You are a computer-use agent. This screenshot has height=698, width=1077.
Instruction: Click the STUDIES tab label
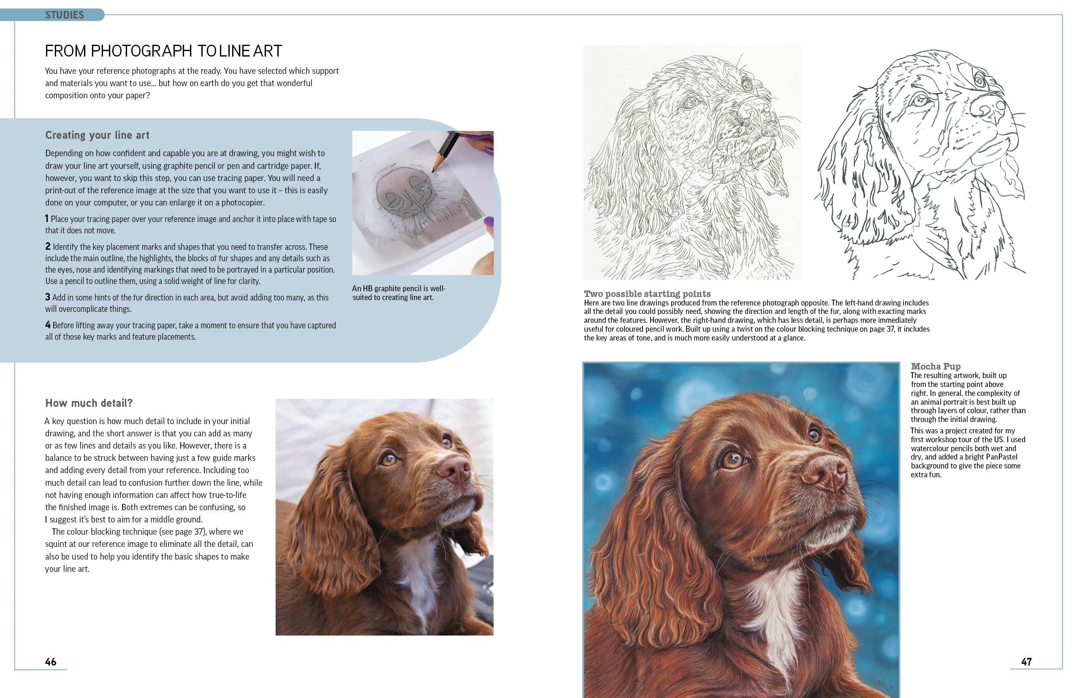coord(64,15)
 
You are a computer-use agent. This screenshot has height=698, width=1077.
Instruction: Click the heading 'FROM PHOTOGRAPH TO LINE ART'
coord(163,51)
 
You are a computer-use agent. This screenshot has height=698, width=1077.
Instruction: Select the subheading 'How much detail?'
coord(89,403)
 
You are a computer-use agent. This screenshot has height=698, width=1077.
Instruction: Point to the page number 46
coord(51,662)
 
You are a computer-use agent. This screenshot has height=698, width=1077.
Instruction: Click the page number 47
coord(1026,662)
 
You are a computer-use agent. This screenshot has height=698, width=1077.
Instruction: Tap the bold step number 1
coord(46,219)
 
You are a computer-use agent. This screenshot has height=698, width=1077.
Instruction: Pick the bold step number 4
coord(48,325)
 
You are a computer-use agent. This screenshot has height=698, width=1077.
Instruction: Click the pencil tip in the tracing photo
coord(434,171)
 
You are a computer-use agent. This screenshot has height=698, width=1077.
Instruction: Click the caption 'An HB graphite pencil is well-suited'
coord(399,293)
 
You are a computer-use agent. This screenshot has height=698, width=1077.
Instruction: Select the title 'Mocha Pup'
coord(936,366)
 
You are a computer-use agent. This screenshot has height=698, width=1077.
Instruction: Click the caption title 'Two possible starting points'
coord(647,294)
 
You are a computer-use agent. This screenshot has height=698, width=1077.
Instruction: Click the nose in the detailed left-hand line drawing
coord(755,111)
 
